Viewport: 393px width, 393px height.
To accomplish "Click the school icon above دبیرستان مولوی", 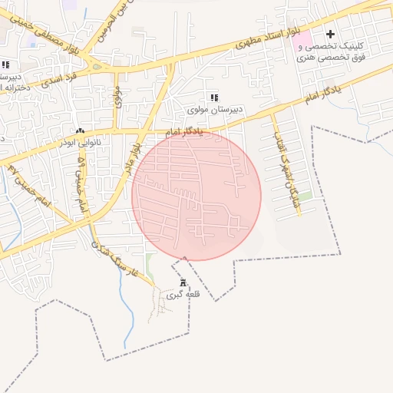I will (215, 97).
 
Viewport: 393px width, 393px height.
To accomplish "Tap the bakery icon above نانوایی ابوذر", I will (81, 131).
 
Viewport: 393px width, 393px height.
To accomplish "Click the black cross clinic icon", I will (330, 34).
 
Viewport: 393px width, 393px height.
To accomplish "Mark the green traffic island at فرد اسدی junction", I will (97, 67).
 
